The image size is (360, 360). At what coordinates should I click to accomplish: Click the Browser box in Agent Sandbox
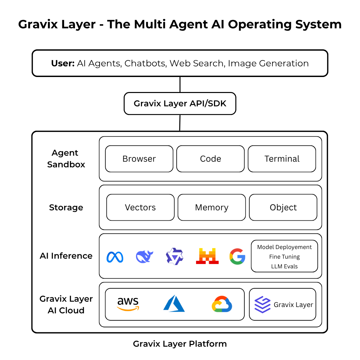139,159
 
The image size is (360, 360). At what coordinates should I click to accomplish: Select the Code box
210,159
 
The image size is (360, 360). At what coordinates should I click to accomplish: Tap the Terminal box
282,159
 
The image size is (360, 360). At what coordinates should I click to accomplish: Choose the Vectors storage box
140,207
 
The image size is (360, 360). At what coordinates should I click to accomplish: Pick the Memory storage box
212,207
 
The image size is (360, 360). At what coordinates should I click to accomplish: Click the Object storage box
283,207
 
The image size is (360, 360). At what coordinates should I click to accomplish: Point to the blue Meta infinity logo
115,257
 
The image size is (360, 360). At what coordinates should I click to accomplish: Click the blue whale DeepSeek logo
144,256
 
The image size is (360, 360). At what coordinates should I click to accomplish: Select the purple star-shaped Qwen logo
174,256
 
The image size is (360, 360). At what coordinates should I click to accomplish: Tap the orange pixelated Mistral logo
207,256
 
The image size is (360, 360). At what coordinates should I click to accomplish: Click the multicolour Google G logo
237,256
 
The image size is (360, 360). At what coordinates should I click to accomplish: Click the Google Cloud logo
222,304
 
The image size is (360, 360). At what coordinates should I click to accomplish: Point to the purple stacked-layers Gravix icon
263,305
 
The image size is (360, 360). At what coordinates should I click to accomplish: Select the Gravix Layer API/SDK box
180,103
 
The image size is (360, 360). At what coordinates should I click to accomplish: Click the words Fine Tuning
284,257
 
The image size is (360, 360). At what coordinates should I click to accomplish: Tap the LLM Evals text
284,266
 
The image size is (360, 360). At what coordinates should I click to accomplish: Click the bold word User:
63,63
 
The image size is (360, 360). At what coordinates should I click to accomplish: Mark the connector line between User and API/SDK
180,84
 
